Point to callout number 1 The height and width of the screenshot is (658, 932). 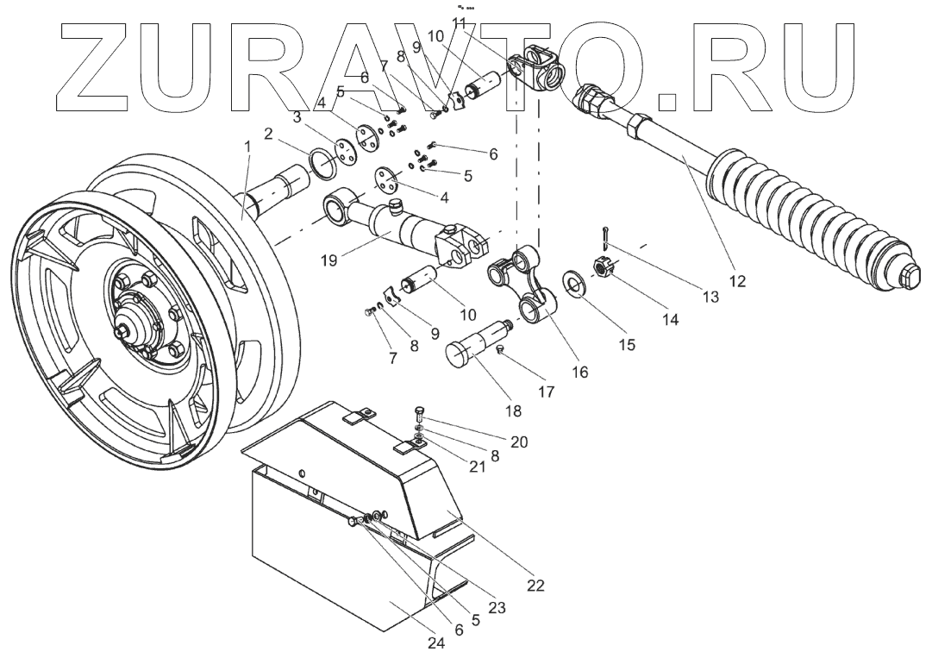(x=248, y=147)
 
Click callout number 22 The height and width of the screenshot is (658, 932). (x=536, y=586)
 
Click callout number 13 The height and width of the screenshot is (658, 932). (x=710, y=298)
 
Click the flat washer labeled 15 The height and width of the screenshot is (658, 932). (x=572, y=281)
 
